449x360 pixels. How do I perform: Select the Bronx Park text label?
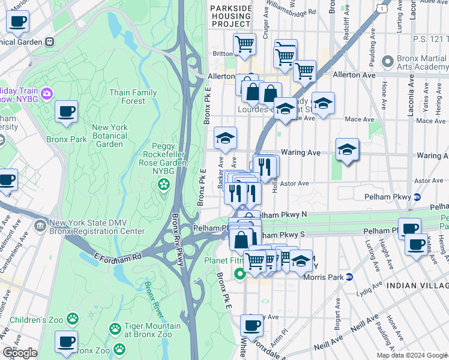tap(67, 139)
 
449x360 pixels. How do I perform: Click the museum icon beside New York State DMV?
tap(40, 226)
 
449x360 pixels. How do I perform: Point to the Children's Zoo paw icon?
tap(73, 317)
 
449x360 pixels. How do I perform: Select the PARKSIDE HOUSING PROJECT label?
tap(231, 16)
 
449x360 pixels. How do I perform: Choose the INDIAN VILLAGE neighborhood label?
tap(417, 286)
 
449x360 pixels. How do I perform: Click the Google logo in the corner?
tap(19, 353)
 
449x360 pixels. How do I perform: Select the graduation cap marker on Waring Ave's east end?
tap(347, 149)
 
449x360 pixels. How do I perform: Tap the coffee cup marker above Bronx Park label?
tap(66, 111)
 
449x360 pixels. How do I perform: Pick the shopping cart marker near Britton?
tap(244, 43)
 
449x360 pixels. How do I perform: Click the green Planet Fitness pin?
tap(240, 274)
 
